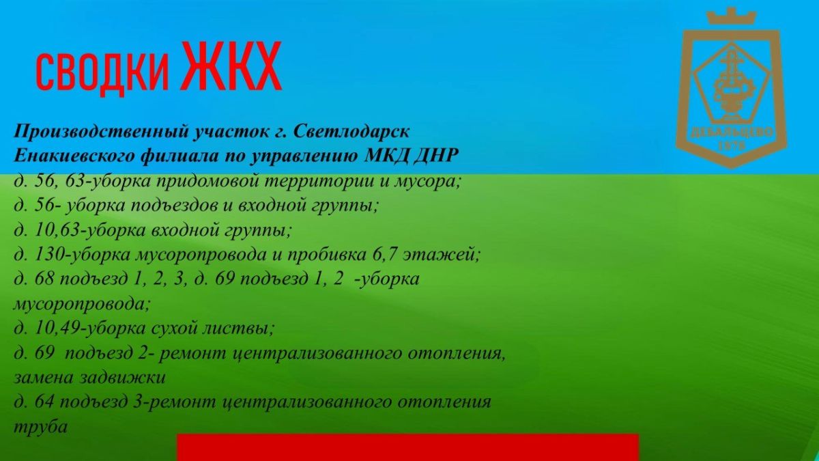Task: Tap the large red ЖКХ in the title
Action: click(231, 66)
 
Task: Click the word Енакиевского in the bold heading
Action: click(74, 156)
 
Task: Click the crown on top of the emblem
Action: click(731, 16)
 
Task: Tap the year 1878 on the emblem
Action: click(732, 145)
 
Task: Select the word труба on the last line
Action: click(40, 427)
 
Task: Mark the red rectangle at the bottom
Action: click(407, 447)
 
